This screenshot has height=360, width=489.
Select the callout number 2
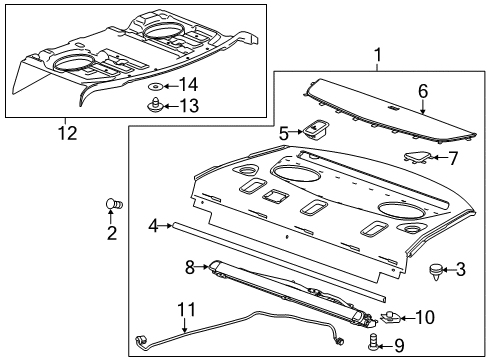[x=112, y=233]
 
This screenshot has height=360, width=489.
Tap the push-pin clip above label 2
[x=113, y=206]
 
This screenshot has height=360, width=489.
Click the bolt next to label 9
[x=376, y=345]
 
